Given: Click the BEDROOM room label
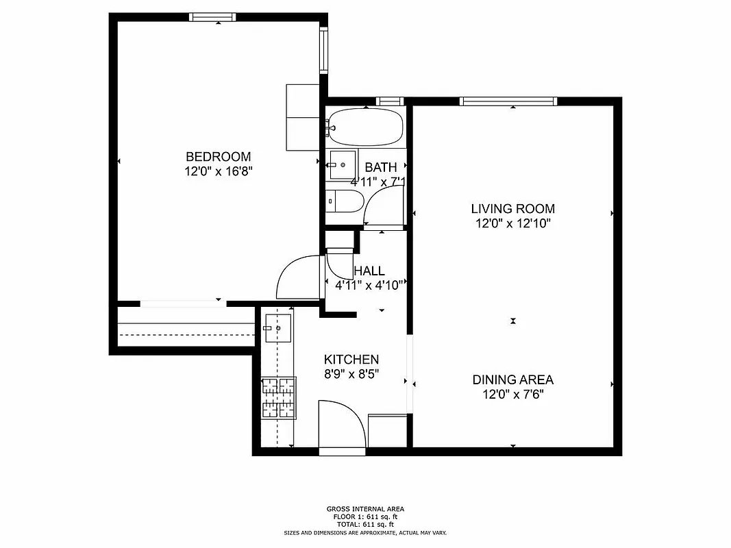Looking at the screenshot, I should (x=218, y=157).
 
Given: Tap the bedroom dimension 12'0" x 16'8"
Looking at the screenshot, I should (x=218, y=171).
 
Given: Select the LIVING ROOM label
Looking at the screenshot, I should (x=512, y=209).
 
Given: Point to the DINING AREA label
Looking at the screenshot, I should (x=512, y=379).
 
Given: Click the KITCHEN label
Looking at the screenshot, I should (x=351, y=360).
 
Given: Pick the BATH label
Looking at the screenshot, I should (x=380, y=167).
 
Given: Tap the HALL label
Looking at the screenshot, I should (x=369, y=271).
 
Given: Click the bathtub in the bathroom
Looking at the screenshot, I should (x=364, y=127).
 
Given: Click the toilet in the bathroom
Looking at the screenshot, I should (x=346, y=201).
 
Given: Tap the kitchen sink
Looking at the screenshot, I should (x=278, y=328).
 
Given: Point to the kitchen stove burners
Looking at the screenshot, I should (x=278, y=397).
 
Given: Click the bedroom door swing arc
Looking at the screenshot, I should (x=297, y=279).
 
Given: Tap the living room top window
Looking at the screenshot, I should (x=508, y=101).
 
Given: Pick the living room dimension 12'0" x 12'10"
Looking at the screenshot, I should (x=512, y=223).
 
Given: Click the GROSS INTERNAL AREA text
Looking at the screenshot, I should (x=365, y=509).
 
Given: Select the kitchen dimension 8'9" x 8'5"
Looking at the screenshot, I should (x=351, y=374).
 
